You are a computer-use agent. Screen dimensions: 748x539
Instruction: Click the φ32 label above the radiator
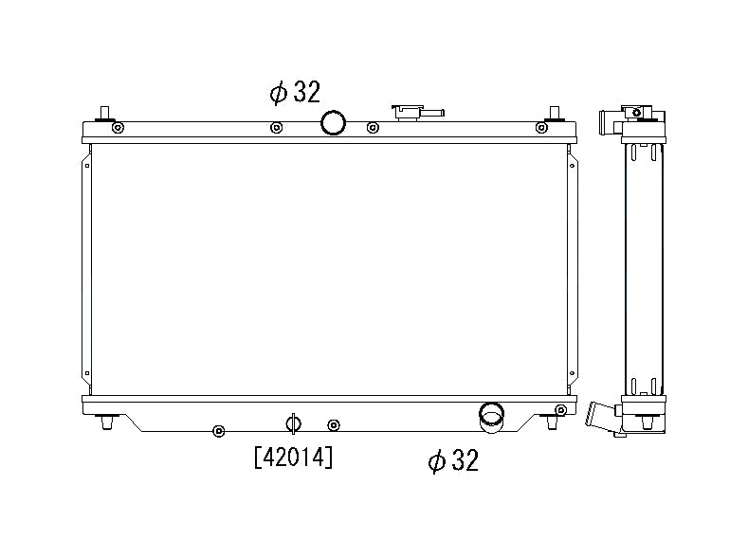click(295, 92)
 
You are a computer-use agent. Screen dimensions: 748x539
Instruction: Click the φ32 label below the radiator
click(453, 460)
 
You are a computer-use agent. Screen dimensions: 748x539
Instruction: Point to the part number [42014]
click(293, 458)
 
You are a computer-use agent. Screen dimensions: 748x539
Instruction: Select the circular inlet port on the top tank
click(333, 122)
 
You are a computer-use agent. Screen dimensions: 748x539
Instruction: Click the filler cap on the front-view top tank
click(418, 113)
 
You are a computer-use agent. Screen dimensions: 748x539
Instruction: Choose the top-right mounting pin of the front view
click(554, 115)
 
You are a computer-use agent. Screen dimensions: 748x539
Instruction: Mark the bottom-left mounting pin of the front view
click(106, 422)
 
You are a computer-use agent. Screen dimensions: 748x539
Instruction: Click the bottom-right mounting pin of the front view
click(552, 422)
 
